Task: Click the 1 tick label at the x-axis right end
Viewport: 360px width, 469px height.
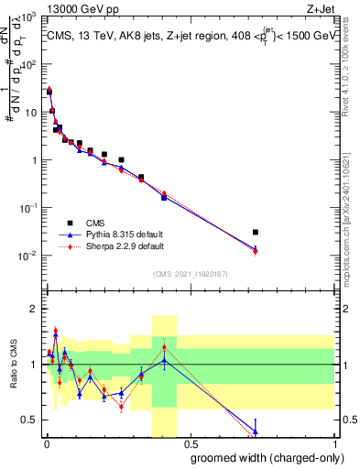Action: click(333, 443)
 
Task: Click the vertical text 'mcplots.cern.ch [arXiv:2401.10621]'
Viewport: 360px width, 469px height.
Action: click(352, 211)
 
